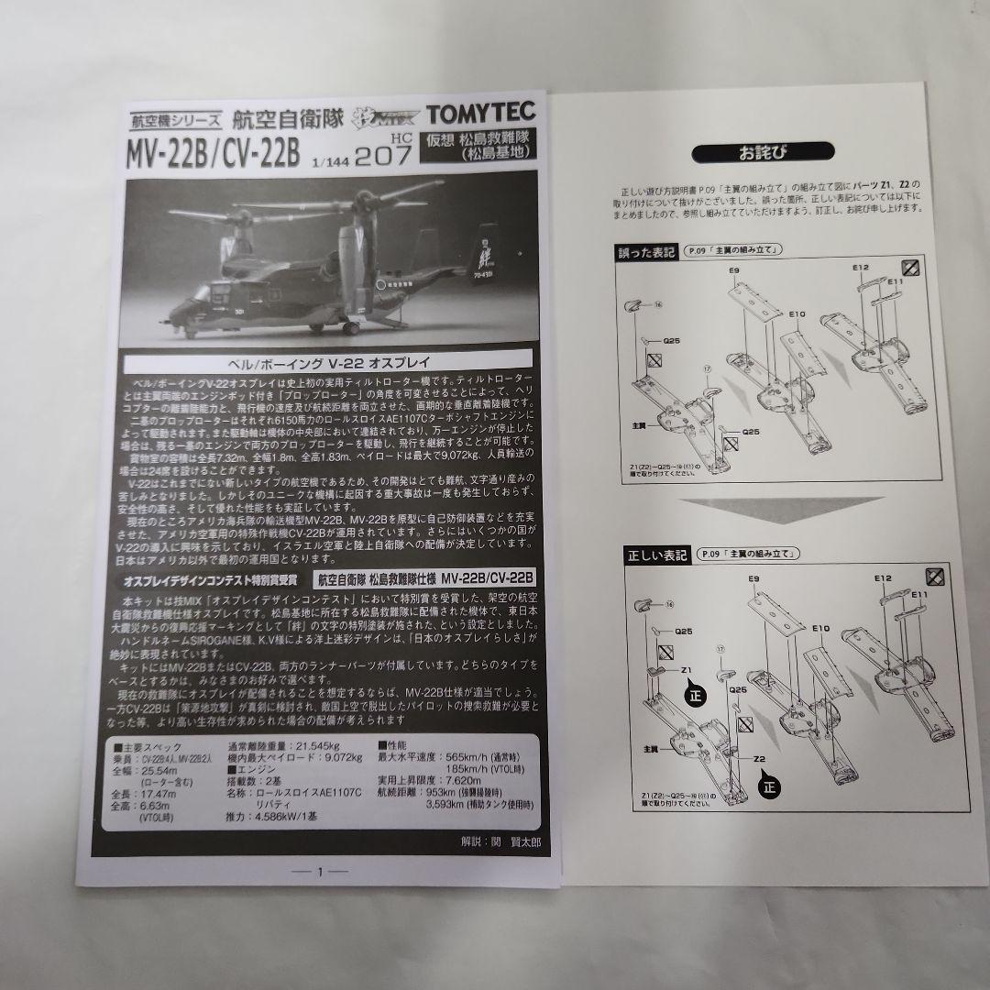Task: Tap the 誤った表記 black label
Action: [649, 253]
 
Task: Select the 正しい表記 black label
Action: [655, 555]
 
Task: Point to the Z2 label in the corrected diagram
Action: [759, 760]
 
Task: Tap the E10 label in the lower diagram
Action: [819, 629]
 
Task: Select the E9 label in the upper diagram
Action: [734, 271]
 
